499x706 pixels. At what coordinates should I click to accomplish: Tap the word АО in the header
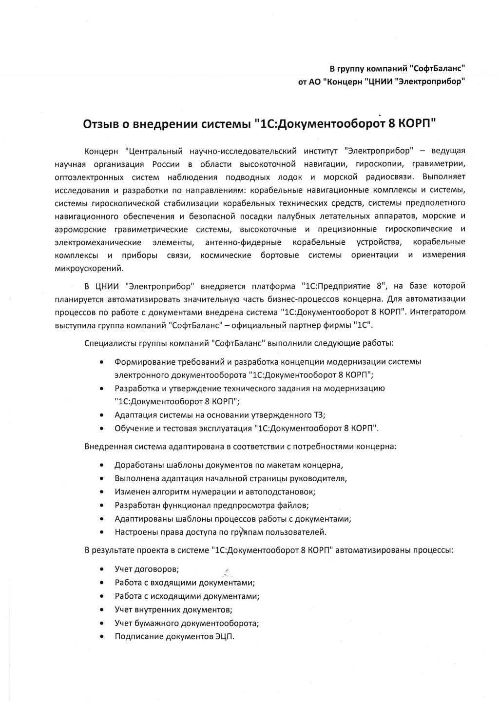tap(315, 81)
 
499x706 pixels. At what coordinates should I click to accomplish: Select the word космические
tap(226, 255)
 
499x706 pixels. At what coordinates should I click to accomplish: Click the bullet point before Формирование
tap(101, 362)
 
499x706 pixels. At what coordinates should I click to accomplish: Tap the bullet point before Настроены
tap(101, 532)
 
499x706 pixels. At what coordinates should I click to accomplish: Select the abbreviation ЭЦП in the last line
tap(224, 636)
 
